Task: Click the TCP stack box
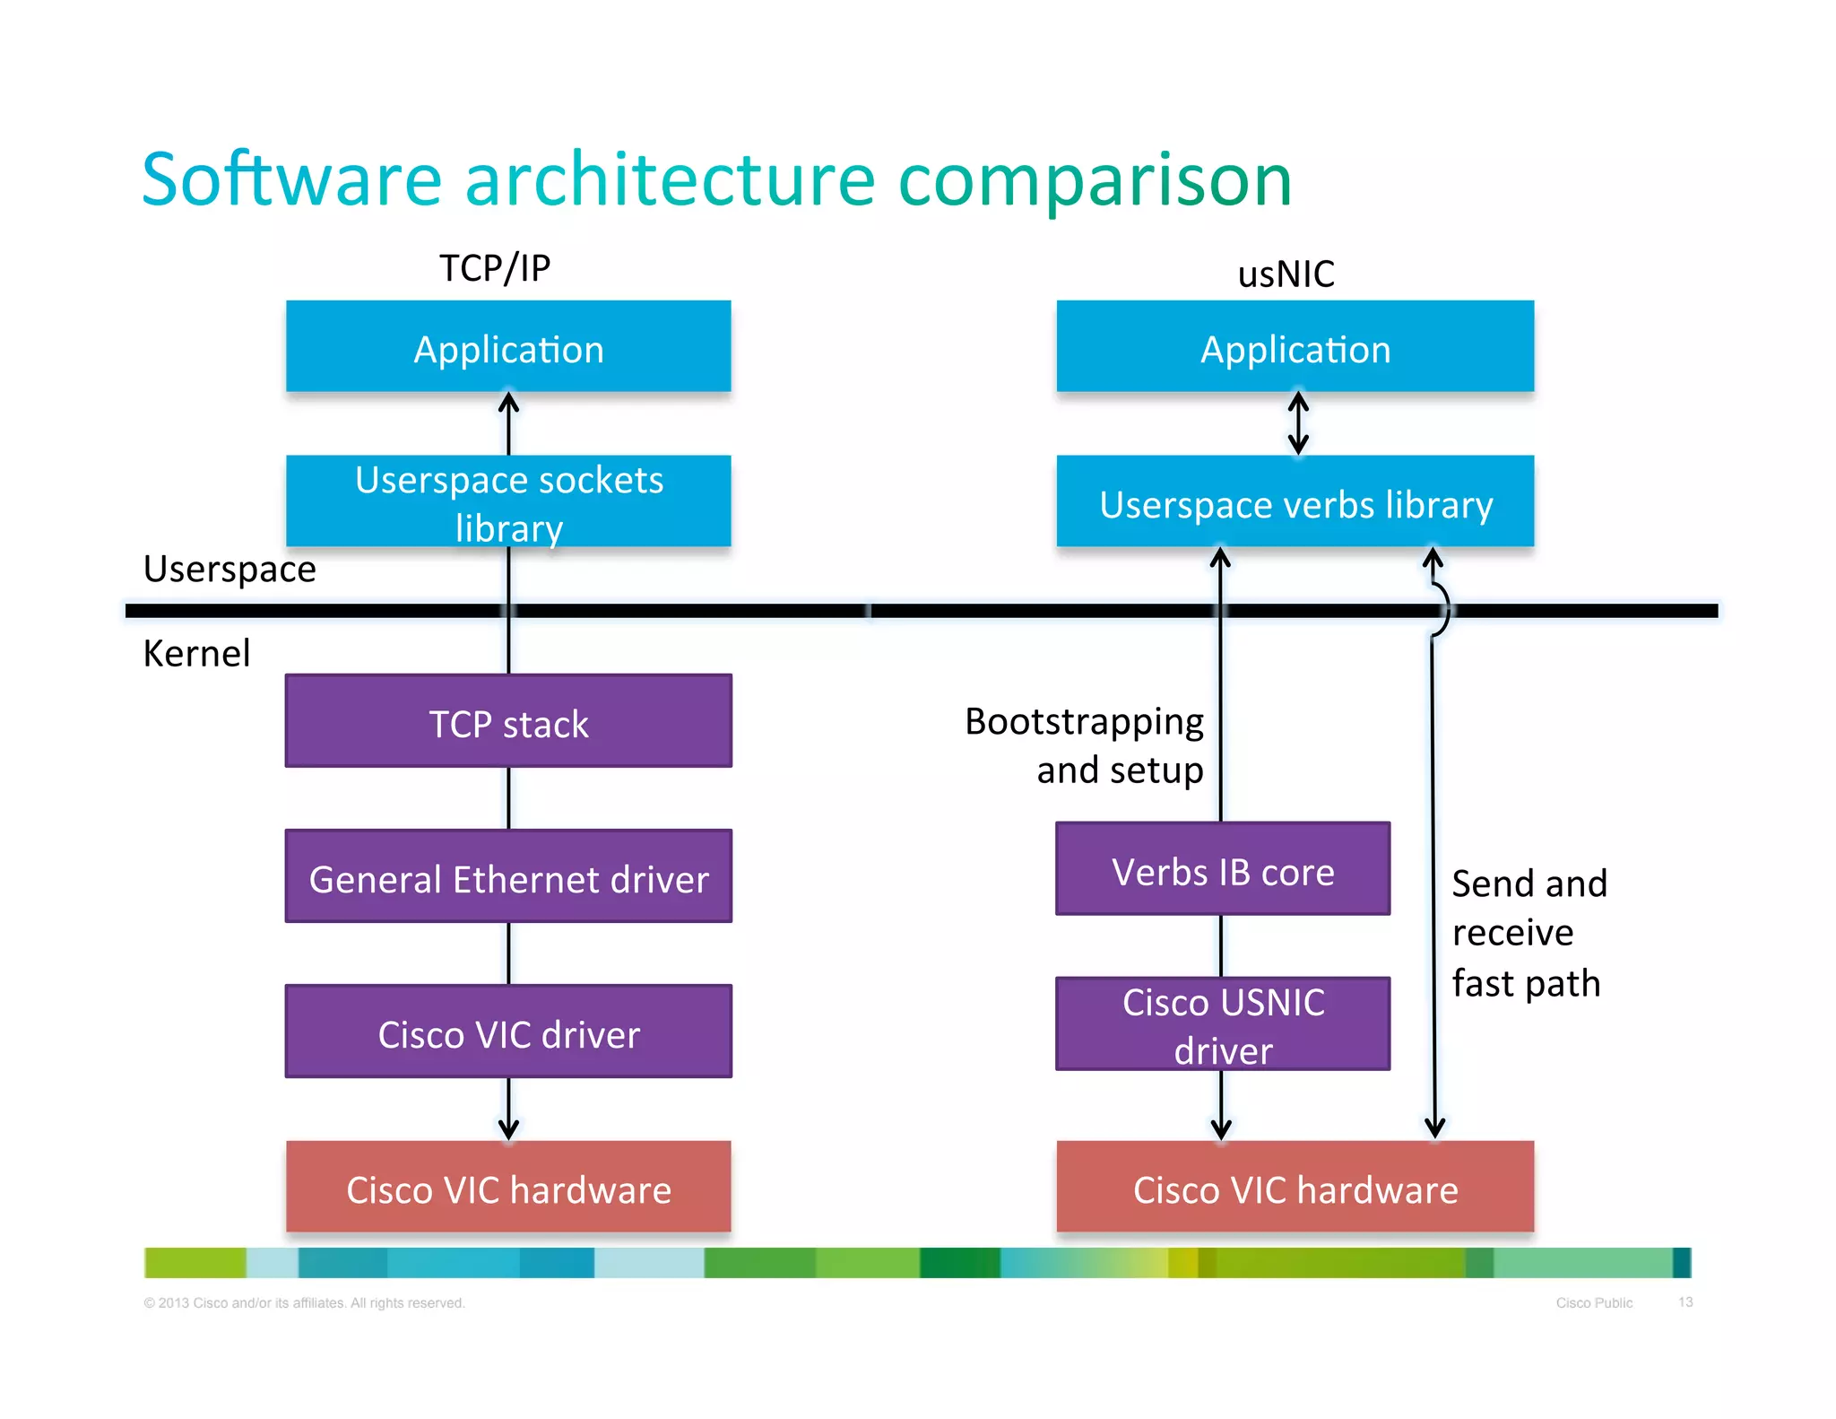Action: pos(508,721)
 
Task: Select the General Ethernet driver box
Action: pos(508,876)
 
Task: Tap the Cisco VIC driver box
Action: pos(508,1032)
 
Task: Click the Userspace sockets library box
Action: pos(508,501)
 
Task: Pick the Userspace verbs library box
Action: pos(1295,501)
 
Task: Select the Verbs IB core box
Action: pos(1223,869)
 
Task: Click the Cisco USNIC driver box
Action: pos(1223,1024)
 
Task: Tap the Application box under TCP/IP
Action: pos(508,347)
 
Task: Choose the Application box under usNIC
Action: pos(1295,347)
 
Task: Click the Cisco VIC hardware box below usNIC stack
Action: pos(1295,1188)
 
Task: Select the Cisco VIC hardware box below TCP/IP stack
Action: pos(508,1188)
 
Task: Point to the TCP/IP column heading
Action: pos(495,268)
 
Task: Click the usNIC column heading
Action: pos(1286,274)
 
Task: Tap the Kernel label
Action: pos(196,653)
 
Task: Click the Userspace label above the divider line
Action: pos(229,569)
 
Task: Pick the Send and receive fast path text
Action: pos(1529,933)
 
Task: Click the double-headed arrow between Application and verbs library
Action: pos(1297,423)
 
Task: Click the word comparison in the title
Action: pos(1095,180)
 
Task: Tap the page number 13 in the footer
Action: pos(1684,1301)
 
